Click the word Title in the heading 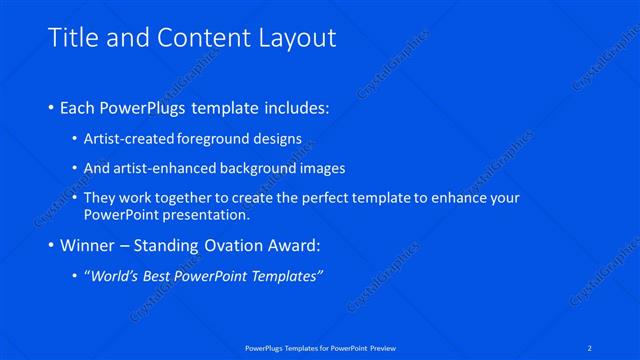coord(73,37)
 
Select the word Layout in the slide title coord(292,38)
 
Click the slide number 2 coord(591,347)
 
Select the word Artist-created coord(126,138)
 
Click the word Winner coord(88,245)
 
